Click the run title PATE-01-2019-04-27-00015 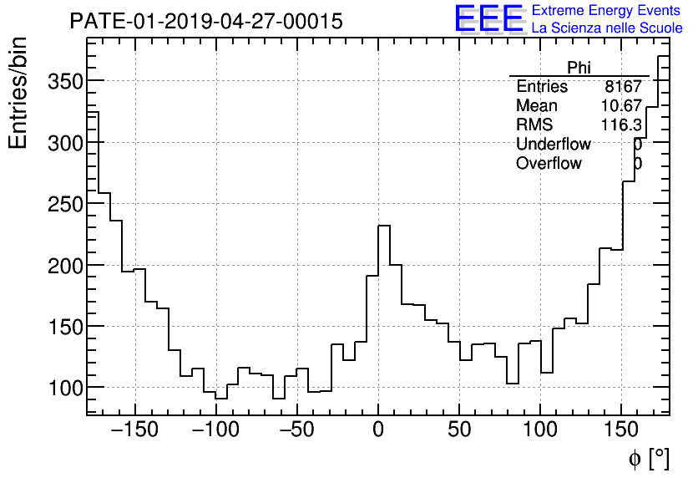205,22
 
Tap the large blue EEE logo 488,19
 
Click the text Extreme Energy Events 607,11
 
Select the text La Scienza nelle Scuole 607,28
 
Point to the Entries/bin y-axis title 18,93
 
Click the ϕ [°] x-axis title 648,458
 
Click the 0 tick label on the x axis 378,430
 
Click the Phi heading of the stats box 579,68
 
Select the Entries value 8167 623,87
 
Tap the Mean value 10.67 621,106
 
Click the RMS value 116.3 621,125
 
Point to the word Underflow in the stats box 553,144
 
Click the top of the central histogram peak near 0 384,226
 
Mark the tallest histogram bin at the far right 663,57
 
